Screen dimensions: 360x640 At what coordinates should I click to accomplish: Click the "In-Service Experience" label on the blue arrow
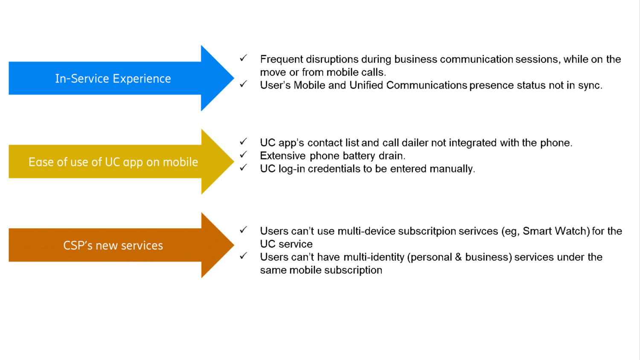coord(113,78)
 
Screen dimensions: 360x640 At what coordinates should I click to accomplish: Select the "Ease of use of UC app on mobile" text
coord(113,162)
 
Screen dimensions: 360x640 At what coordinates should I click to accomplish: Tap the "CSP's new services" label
coord(113,246)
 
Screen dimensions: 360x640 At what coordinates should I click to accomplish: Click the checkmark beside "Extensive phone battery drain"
coord(243,154)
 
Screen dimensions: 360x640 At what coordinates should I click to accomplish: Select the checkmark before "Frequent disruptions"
coord(243,58)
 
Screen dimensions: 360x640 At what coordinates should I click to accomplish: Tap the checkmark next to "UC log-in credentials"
coord(243,168)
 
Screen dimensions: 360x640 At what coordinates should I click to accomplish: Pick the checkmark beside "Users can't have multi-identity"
coord(243,256)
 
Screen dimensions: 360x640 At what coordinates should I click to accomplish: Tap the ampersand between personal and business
coord(458,257)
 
